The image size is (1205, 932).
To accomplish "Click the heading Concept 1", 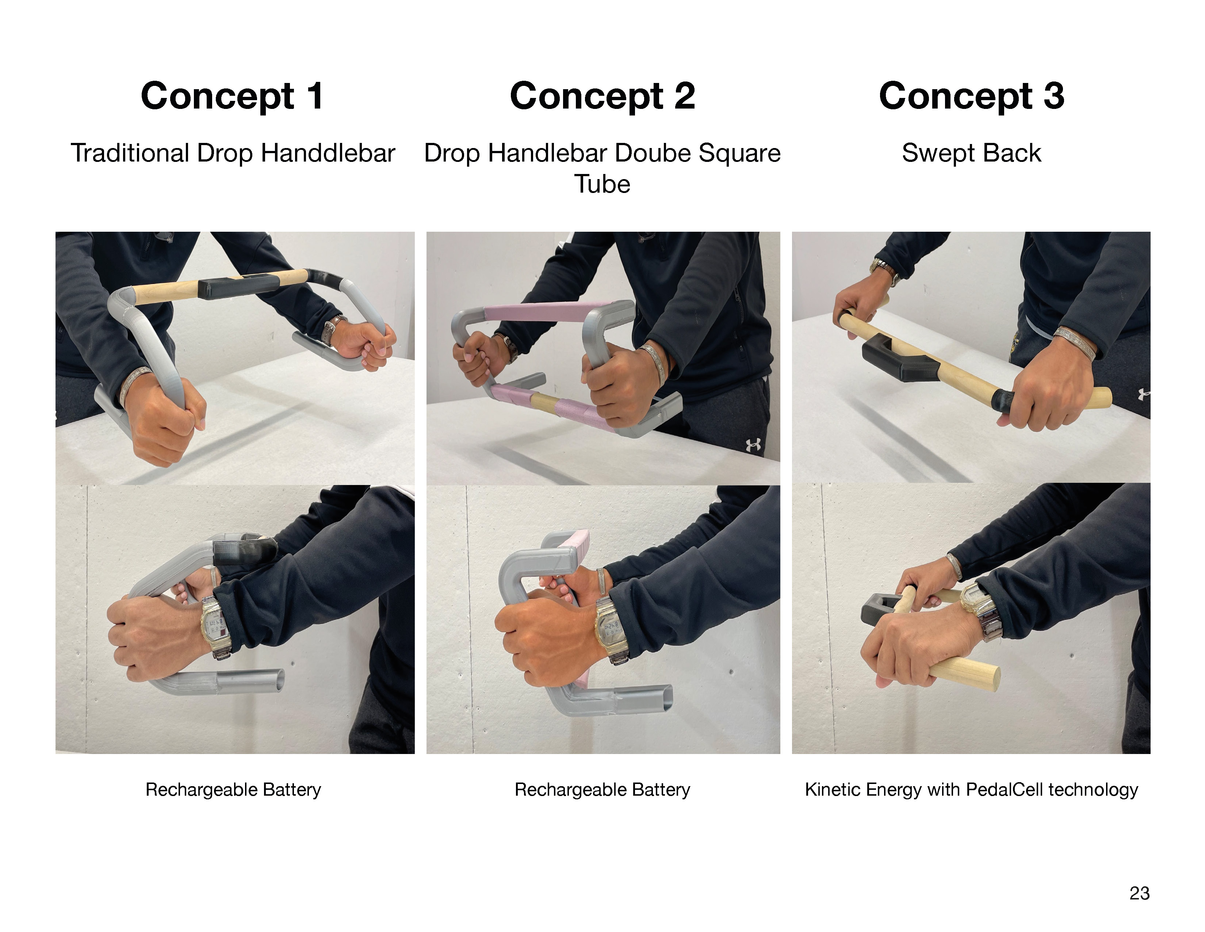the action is tap(232, 96).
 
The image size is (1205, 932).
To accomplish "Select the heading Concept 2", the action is tap(602, 96).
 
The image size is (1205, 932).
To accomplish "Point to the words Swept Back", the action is tap(971, 154).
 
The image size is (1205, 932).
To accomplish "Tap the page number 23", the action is tap(1139, 893).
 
